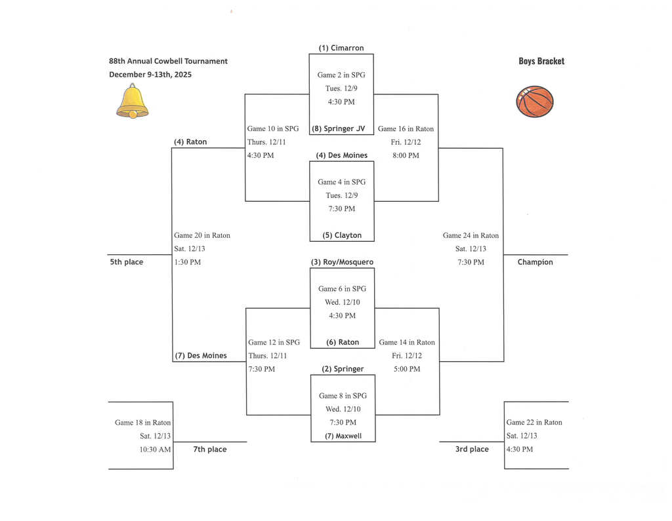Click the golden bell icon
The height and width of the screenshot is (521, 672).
(x=133, y=101)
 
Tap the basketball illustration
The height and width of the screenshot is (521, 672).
(x=535, y=102)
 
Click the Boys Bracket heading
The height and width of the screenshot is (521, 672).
(x=541, y=61)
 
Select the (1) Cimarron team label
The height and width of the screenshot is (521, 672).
(x=341, y=48)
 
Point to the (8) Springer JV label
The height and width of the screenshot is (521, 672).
(x=341, y=128)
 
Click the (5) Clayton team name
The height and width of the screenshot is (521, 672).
(x=342, y=235)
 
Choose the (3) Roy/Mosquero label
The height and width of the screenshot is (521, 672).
(x=342, y=262)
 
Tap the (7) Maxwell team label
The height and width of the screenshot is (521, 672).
(x=343, y=436)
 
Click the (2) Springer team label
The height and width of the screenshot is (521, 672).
(x=343, y=369)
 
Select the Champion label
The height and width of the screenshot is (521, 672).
(x=535, y=262)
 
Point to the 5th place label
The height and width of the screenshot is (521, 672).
(x=126, y=262)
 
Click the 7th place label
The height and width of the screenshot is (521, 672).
(x=210, y=450)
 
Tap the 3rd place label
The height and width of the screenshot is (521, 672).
(x=472, y=450)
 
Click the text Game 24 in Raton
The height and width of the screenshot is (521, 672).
(x=471, y=235)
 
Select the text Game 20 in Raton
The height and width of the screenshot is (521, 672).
(x=202, y=235)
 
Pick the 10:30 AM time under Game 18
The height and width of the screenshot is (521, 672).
(x=156, y=450)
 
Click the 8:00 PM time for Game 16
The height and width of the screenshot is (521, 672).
(x=406, y=155)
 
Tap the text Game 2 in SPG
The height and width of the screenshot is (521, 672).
(x=341, y=75)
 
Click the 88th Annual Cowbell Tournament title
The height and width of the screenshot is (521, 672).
(x=168, y=61)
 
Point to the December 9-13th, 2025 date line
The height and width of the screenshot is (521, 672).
(x=150, y=74)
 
